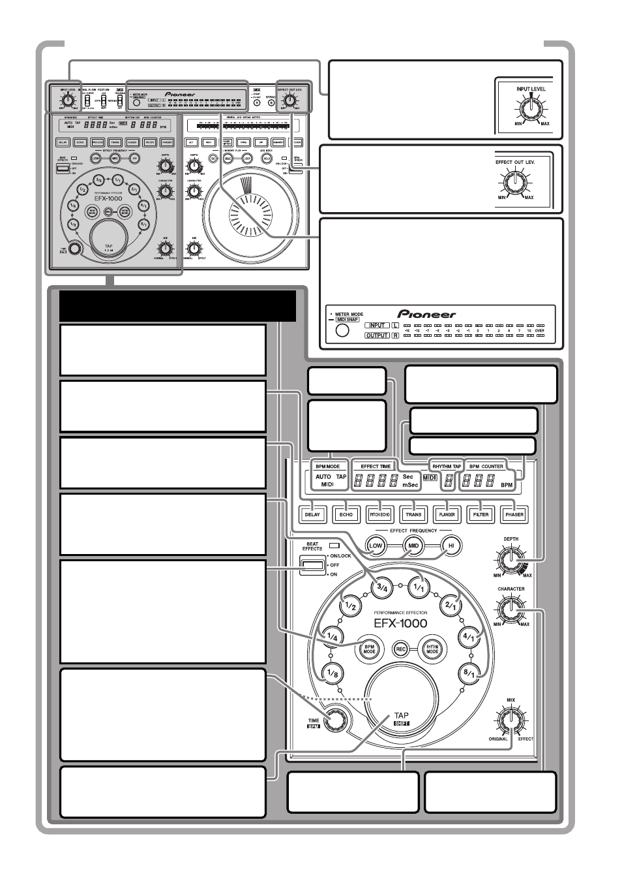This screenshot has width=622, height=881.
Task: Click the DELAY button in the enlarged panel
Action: tap(312, 514)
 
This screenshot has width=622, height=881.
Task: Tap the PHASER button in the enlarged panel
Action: tap(514, 514)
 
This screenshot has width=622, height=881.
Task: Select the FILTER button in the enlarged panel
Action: tap(481, 514)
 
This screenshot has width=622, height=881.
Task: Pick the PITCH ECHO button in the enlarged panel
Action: tap(379, 514)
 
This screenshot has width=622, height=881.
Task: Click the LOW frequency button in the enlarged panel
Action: tap(376, 546)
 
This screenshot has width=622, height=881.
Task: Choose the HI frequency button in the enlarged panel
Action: tap(449, 546)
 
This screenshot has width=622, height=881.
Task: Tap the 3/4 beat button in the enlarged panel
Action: tap(380, 586)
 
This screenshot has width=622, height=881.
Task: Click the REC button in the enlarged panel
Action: tap(400, 649)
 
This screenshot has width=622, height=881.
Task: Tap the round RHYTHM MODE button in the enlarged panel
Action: tap(432, 648)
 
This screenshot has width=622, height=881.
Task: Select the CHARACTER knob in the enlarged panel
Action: tap(511, 610)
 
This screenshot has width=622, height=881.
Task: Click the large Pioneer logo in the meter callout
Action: tap(427, 314)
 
